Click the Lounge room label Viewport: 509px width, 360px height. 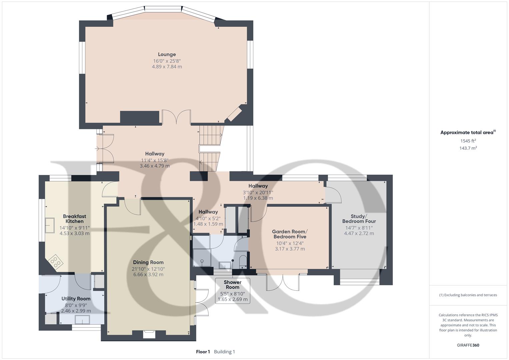pos(167,55)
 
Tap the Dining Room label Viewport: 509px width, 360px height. pos(148,263)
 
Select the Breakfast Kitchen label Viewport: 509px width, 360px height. pos(75,219)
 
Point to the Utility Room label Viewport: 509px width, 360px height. pos(76,299)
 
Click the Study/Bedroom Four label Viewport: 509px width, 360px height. pos(359,219)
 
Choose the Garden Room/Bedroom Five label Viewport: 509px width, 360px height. pos(290,234)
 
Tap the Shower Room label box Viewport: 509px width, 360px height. pos(232,291)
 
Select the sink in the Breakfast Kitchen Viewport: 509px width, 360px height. pos(50,225)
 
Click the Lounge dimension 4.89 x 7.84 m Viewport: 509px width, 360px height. pos(167,67)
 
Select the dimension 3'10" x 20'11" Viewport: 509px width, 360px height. pos(258,193)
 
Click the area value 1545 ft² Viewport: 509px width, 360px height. pos(468,141)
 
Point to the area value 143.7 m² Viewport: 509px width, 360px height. pos(468,148)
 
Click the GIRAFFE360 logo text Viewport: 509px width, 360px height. pos(468,345)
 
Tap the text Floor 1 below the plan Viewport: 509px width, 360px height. pos(203,352)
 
